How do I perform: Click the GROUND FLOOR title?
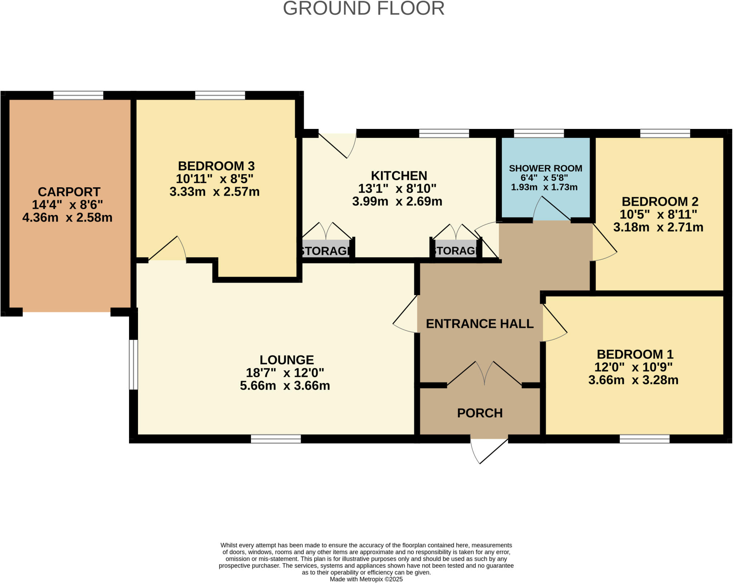(363, 9)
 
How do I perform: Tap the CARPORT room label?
(69, 192)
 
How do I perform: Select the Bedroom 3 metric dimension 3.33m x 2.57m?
(214, 192)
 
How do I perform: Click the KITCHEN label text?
(399, 175)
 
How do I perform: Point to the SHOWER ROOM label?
(545, 168)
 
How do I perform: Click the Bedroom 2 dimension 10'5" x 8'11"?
(658, 214)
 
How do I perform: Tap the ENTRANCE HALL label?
(480, 324)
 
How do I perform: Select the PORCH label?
(480, 413)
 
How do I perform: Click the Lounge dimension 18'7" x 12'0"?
(285, 372)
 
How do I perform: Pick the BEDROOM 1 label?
(635, 354)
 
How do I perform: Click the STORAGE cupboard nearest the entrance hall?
(456, 250)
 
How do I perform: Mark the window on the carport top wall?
(78, 95)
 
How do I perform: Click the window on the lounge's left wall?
(133, 364)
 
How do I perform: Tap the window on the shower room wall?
(539, 133)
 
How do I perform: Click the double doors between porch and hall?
(484, 374)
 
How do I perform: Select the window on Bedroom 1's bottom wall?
(644, 439)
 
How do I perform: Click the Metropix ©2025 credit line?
(366, 579)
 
